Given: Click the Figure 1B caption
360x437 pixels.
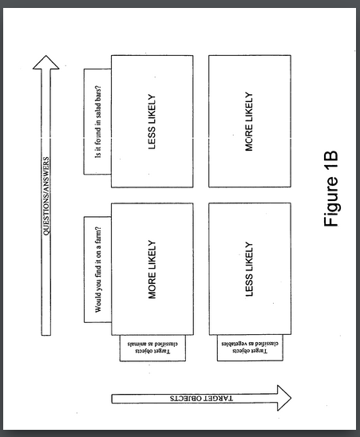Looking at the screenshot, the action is click(331, 189).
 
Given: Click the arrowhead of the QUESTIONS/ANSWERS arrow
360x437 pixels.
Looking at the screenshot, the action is click(46, 62).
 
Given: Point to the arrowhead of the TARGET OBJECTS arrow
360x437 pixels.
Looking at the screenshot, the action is click(284, 398).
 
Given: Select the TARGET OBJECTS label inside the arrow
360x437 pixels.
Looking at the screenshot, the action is click(201, 398).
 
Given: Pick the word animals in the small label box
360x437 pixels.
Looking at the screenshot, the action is click(137, 344).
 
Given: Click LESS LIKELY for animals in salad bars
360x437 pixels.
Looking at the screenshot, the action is click(152, 122).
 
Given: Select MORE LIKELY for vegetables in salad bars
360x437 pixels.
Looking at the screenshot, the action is click(249, 121).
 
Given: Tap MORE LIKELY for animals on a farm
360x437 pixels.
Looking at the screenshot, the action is click(152, 270).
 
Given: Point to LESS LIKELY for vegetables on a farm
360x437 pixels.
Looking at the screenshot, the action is click(249, 270).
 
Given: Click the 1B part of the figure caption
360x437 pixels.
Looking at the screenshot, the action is click(331, 161).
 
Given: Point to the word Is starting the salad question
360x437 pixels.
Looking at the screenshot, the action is click(98, 155).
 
